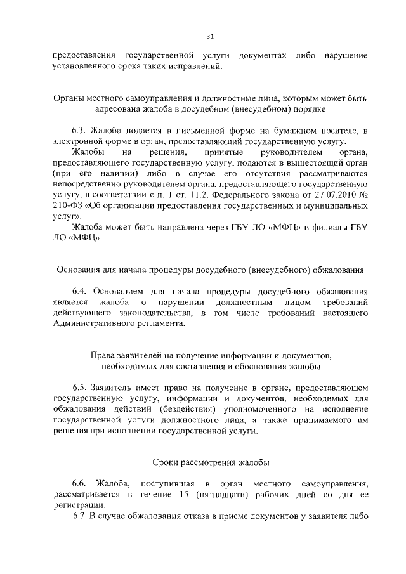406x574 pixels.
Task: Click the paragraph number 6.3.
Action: pyautogui.click(x=79, y=131)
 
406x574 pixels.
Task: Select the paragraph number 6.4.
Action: pyautogui.click(x=79, y=290)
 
